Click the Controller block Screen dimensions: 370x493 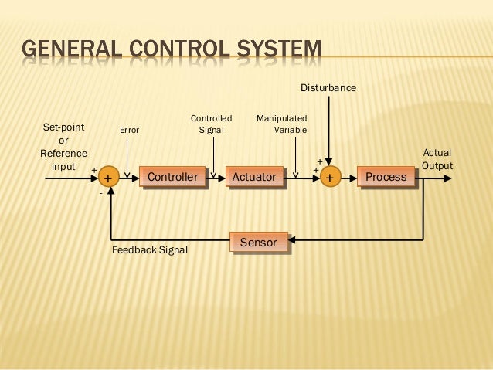tap(172, 177)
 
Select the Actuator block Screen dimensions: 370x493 tap(253, 177)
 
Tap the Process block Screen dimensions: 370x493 tap(386, 177)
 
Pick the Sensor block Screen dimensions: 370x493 tap(258, 243)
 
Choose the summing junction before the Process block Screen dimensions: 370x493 tap(330, 178)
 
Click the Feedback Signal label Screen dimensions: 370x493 tap(150, 250)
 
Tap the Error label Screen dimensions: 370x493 tap(129, 130)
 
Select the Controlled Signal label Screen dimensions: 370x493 tap(211, 124)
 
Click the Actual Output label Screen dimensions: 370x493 tap(437, 159)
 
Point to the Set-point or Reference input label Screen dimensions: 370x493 tap(63, 147)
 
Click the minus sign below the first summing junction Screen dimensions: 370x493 tap(100, 194)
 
